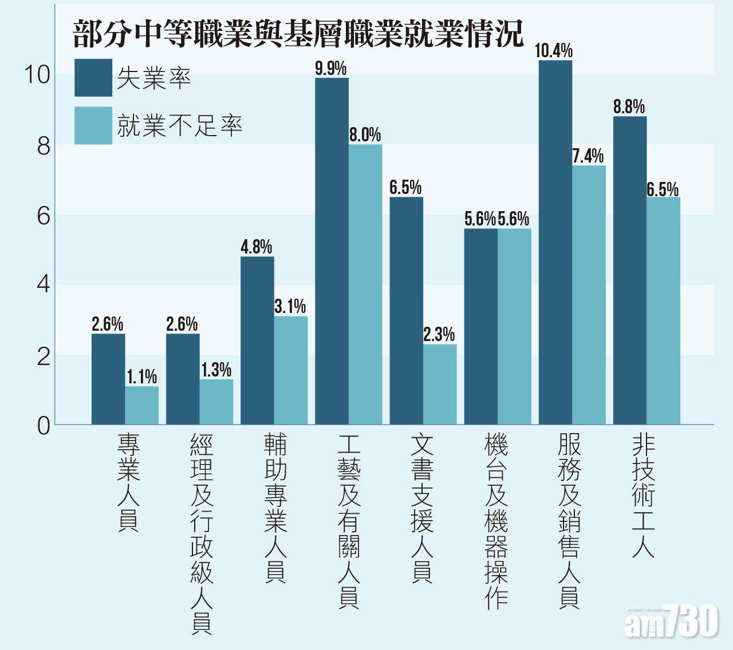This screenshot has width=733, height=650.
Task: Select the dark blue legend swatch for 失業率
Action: [x=93, y=78]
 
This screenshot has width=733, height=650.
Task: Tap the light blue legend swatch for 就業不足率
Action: [x=93, y=126]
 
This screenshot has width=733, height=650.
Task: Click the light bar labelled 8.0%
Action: [x=365, y=284]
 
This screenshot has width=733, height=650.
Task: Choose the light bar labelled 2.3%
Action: [x=440, y=384]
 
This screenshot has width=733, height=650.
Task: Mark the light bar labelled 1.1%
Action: [x=142, y=405]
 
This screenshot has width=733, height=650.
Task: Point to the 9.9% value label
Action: [x=331, y=69]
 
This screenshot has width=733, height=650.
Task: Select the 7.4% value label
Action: [x=588, y=156]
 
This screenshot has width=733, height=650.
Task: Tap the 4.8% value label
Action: [x=256, y=247]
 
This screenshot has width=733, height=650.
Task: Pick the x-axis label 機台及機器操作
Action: [x=496, y=521]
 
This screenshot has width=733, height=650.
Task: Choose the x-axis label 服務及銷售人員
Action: [x=569, y=521]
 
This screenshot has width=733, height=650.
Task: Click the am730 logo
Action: [x=671, y=621]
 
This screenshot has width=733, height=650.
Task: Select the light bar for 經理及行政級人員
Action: [x=216, y=402]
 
